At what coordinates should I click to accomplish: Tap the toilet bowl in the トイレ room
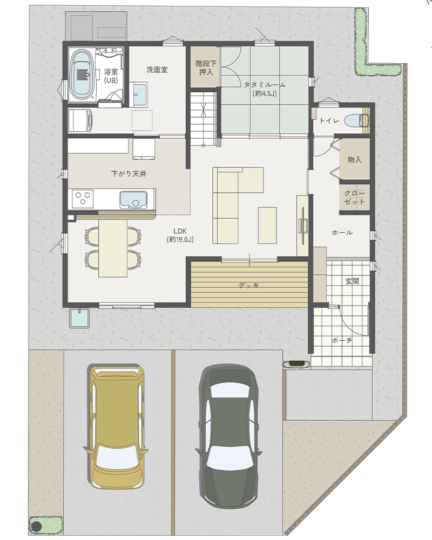pos(355,120)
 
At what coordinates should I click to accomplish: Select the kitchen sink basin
pos(133,199)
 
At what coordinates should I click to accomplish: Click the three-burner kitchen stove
pos(83,199)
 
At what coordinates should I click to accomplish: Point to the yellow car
pos(118,427)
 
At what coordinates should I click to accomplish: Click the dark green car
pos(228,436)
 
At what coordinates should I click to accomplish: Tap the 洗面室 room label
pos(157,70)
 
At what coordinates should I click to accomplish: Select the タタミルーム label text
pos(265,85)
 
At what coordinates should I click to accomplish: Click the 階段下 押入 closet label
pos(206,68)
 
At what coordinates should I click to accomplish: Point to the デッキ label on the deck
pos(249,286)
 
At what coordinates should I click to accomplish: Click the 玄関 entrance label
pos(352,281)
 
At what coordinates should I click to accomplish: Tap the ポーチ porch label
pos(342,340)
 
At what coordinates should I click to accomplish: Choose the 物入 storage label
pos(354,159)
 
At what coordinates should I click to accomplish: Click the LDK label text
pos(180,231)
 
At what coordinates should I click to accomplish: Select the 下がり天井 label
pos(129,173)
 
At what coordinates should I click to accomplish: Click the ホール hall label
pos(342,232)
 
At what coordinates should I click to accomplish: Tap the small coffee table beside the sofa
pos(267,225)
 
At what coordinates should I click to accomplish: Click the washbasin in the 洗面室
pos(140,94)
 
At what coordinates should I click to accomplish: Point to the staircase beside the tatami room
pos(204,117)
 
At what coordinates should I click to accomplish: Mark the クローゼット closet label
pos(354,197)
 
